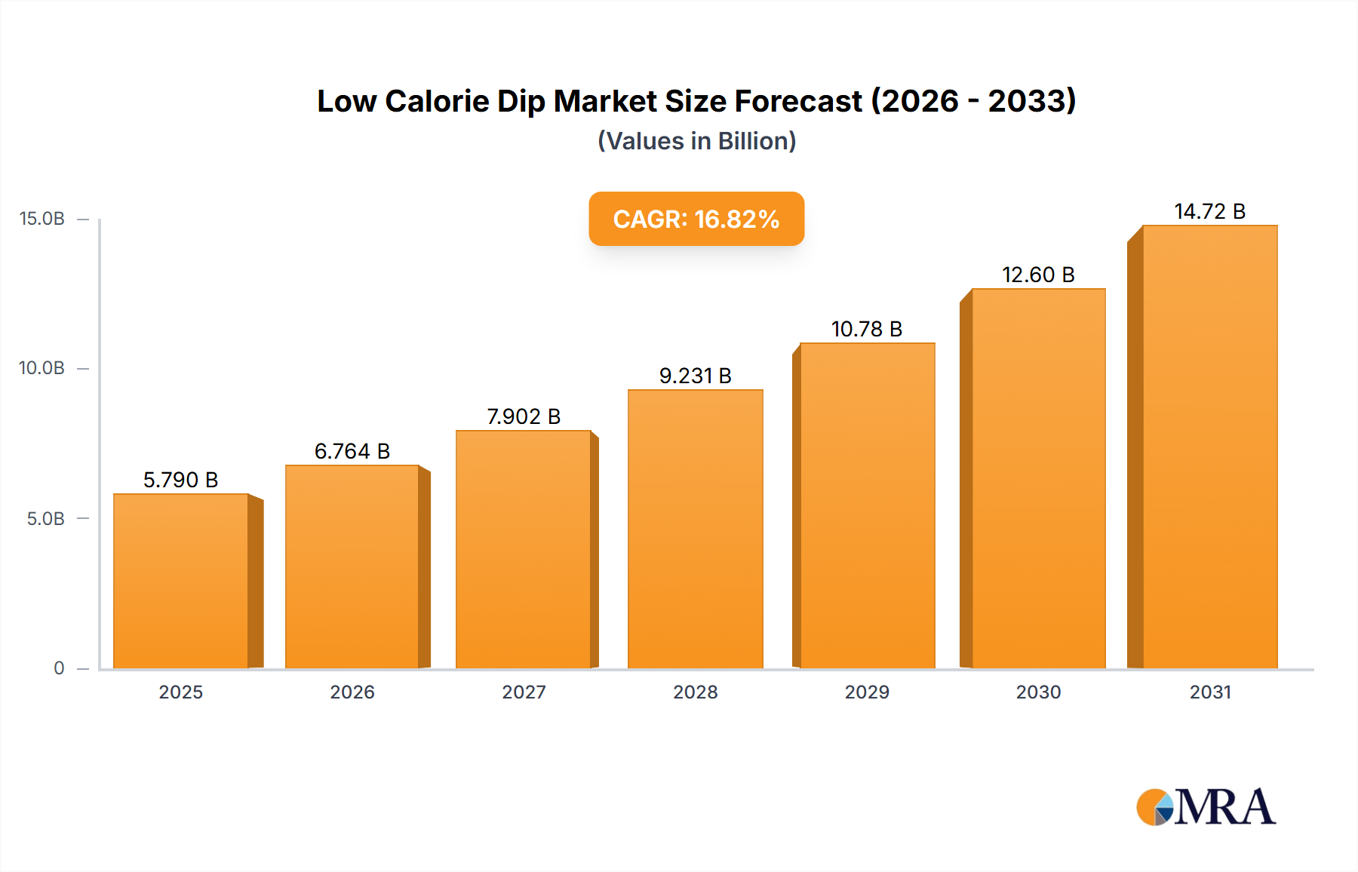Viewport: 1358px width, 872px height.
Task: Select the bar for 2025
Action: pos(181,581)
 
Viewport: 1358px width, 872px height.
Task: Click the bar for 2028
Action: pos(695,528)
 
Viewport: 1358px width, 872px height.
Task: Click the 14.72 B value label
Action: pos(1209,211)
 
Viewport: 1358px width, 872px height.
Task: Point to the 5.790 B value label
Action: pos(180,480)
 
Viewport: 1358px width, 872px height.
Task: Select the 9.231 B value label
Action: pos(695,376)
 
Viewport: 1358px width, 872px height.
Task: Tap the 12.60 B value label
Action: pos(1038,275)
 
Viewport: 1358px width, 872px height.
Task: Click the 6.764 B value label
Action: pos(352,451)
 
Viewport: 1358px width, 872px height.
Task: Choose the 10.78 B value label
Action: pos(866,329)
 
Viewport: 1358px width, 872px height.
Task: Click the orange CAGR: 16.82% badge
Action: pos(696,219)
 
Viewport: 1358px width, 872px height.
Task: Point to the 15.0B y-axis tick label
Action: pos(41,219)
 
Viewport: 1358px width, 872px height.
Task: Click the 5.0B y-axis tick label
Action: pos(45,519)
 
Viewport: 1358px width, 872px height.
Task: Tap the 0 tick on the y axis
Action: pos(59,668)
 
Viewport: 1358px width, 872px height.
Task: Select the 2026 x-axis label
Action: pos(352,692)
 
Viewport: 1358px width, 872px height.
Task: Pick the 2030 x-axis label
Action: pos(1038,692)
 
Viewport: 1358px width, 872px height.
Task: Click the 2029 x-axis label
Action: pos(866,692)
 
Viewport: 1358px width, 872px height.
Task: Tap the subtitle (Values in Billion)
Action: pos(696,141)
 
